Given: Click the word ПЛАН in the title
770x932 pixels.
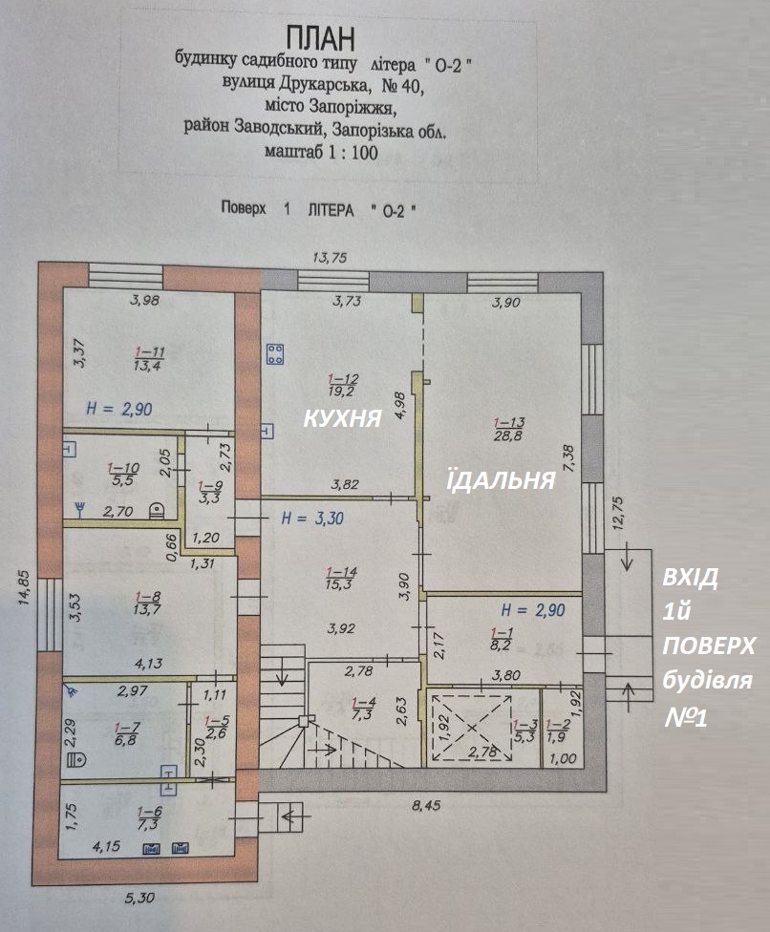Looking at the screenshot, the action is pyautogui.click(x=320, y=39).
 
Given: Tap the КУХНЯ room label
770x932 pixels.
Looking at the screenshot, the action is pyautogui.click(x=342, y=418).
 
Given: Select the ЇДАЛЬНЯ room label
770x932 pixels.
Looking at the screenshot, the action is pyautogui.click(x=501, y=479).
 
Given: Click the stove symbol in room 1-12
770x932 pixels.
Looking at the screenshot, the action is pyautogui.click(x=275, y=354).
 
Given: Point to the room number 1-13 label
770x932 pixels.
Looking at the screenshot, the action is pyautogui.click(x=509, y=423).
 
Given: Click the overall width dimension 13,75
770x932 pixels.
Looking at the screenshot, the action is pyautogui.click(x=330, y=258).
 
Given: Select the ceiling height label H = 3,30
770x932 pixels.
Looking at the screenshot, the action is pyautogui.click(x=312, y=519).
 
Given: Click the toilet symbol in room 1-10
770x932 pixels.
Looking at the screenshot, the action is pyautogui.click(x=157, y=510).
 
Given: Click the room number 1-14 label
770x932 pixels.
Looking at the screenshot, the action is pyautogui.click(x=341, y=572).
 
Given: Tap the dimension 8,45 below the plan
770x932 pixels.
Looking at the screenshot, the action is pyautogui.click(x=426, y=806).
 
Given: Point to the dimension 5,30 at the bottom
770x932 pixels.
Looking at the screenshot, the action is pyautogui.click(x=139, y=897).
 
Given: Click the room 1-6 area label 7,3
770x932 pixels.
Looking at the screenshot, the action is pyautogui.click(x=148, y=824).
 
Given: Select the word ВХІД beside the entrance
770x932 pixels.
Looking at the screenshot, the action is pyautogui.click(x=691, y=578).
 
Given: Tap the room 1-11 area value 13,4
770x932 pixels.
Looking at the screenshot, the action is pyautogui.click(x=149, y=365).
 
